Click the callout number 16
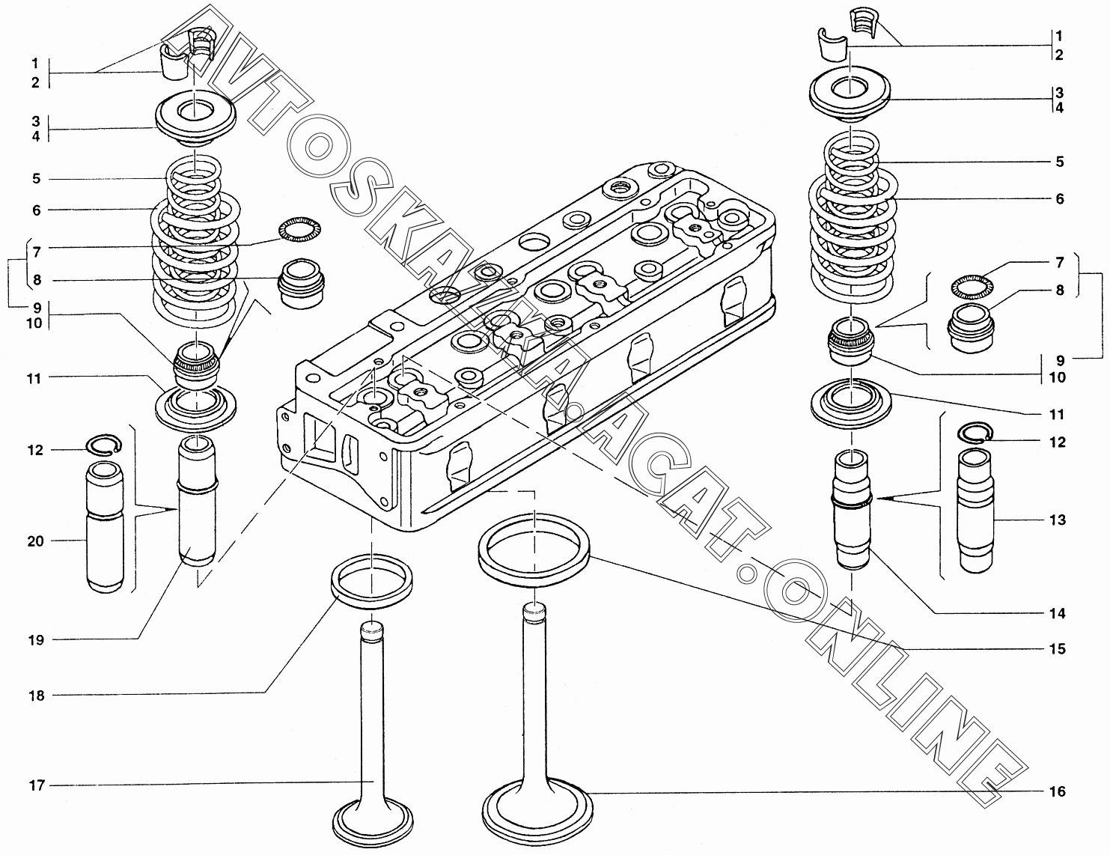(1056, 791)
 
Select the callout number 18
(37, 696)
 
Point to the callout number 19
(37, 640)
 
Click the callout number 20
(36, 541)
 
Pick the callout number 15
(1057, 649)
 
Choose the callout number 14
(1057, 614)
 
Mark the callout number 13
(1057, 520)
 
